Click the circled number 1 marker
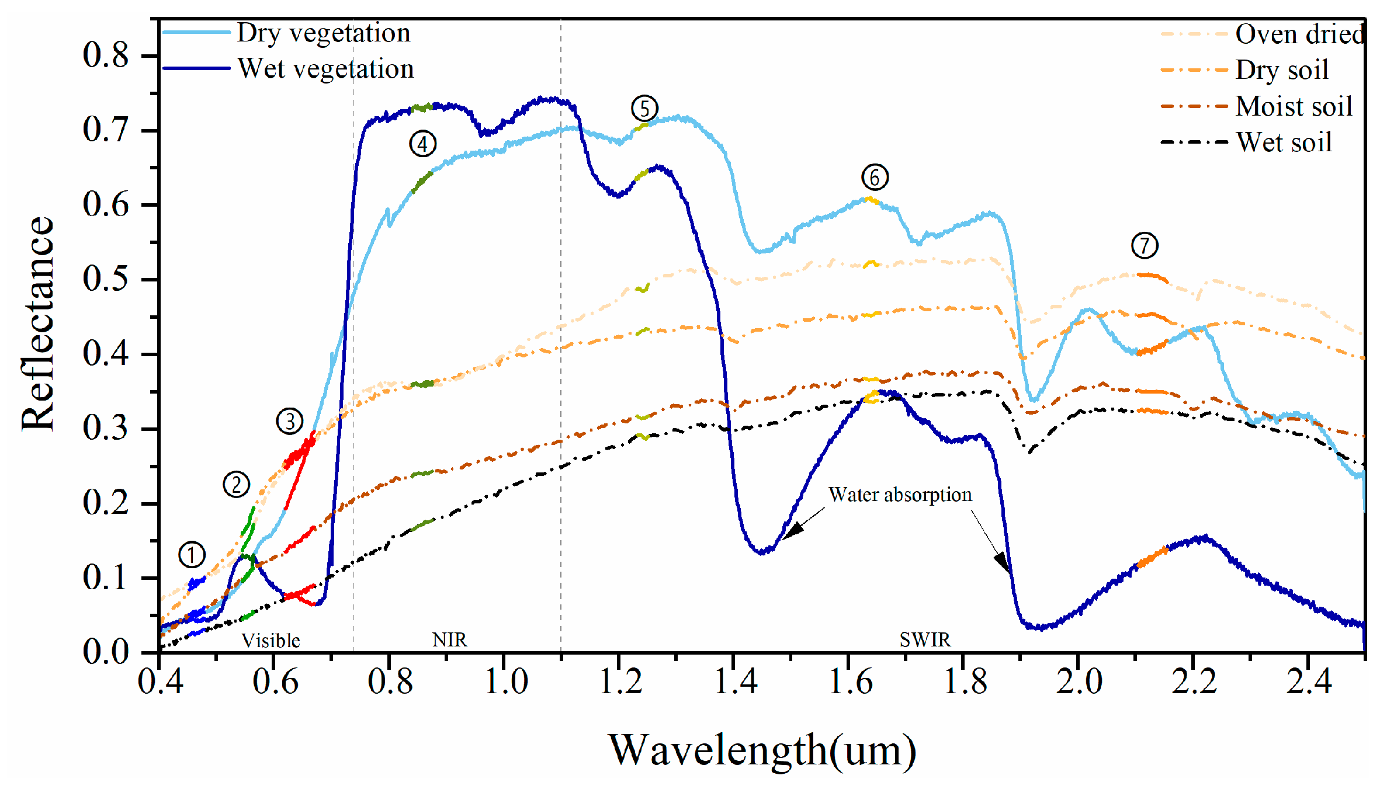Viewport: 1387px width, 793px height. click(x=192, y=555)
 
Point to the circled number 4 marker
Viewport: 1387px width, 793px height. click(x=422, y=144)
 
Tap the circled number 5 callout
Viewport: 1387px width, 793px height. click(x=644, y=109)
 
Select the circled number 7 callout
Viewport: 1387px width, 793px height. click(x=1145, y=246)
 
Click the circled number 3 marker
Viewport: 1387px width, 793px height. click(x=290, y=421)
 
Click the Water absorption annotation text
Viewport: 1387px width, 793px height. click(x=900, y=495)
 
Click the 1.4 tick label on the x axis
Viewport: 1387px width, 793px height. click(x=736, y=681)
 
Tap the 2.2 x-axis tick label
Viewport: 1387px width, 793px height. click(x=1194, y=681)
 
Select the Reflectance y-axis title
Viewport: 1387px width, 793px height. click(x=37, y=324)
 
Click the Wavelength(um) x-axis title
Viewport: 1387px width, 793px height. click(x=762, y=750)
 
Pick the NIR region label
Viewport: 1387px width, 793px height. click(x=449, y=640)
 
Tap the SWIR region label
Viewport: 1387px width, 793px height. click(x=925, y=640)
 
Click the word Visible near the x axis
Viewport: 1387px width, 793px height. click(x=271, y=641)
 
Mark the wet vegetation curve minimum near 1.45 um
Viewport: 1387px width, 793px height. click(x=764, y=552)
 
